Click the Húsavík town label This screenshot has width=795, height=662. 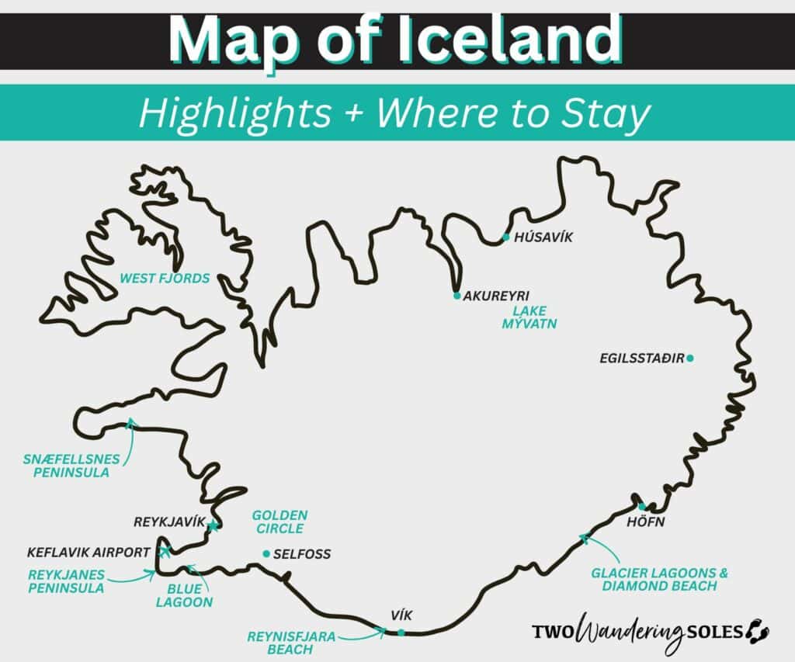point(543,237)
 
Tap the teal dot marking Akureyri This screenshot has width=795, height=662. point(457,296)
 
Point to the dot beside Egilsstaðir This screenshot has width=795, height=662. point(690,358)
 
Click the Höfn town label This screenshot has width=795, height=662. point(645,522)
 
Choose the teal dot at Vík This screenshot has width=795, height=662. point(401,633)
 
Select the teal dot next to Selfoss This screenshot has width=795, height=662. point(266,553)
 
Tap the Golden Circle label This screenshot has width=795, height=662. point(279,522)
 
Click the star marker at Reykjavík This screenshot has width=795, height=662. point(213,526)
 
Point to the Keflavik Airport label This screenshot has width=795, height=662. point(88,553)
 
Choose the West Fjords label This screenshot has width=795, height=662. point(164,277)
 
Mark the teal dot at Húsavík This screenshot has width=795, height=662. point(506,237)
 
